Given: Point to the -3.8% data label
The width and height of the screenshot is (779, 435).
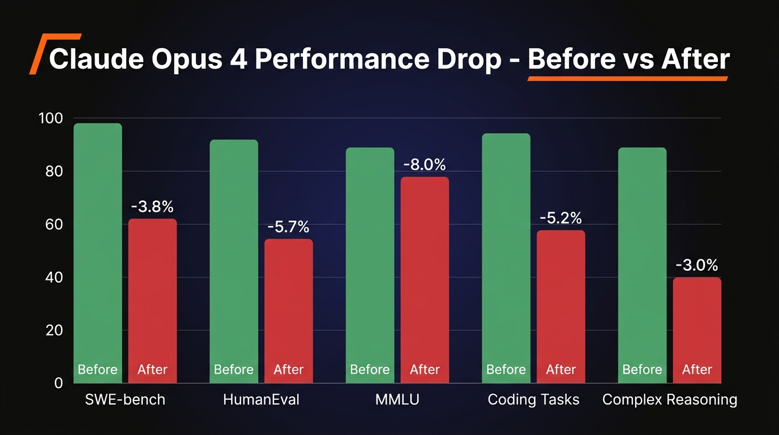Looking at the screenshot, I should coord(152,207).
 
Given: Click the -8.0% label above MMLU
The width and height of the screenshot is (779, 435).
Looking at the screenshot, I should coord(425,165).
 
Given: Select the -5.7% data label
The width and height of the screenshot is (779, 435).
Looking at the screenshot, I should coord(289,227).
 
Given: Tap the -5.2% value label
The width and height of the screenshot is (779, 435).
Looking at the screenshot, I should coord(560,218).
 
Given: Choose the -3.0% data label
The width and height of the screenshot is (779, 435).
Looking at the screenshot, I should coord(697,265).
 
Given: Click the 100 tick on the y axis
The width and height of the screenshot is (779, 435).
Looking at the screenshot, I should coord(50,118).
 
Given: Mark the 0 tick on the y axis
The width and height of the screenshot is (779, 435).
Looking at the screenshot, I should coord(58,383).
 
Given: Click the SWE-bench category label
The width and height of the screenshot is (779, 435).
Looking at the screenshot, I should coord(125,399).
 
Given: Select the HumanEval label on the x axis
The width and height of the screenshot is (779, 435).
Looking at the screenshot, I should coord(261,399).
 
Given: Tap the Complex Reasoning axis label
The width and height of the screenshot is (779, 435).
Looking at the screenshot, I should coord(670,399).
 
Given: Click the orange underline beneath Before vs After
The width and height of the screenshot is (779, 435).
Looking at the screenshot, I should coord(627,79).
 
